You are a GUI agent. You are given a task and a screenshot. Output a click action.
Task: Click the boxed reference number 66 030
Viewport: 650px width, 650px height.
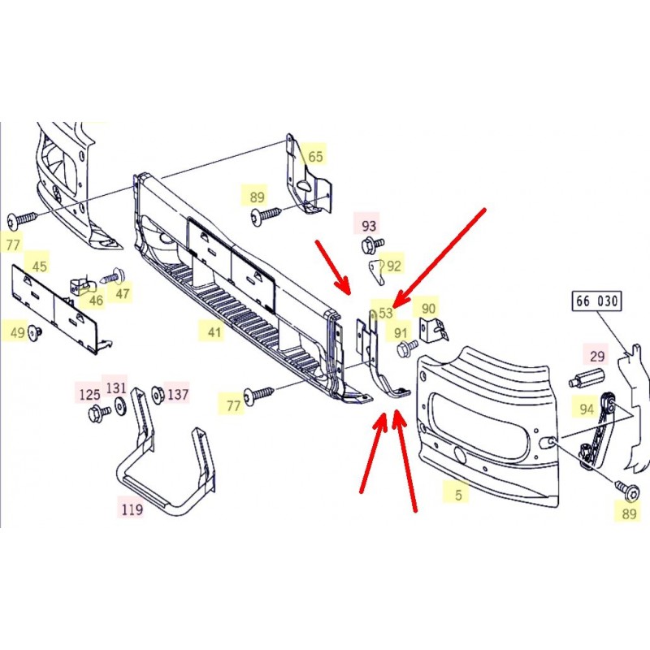click(x=597, y=301)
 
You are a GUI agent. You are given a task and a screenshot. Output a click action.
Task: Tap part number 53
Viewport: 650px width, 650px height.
click(x=385, y=313)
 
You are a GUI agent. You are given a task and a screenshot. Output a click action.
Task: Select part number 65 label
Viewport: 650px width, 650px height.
click(x=315, y=156)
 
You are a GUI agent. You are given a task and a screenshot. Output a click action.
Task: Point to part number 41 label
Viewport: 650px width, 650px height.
click(x=214, y=332)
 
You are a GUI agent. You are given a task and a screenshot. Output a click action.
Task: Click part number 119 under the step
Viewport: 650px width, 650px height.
click(x=132, y=509)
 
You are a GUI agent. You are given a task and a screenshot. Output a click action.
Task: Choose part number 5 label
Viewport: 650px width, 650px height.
click(x=458, y=495)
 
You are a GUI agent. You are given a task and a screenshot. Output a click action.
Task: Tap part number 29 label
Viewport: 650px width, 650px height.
click(x=597, y=356)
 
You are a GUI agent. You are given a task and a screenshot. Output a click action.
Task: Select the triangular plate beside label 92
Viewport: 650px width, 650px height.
click(x=376, y=271)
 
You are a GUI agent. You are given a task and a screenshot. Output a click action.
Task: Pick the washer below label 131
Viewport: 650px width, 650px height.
click(x=120, y=405)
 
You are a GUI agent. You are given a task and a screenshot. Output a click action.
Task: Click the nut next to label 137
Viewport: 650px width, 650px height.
click(x=158, y=394)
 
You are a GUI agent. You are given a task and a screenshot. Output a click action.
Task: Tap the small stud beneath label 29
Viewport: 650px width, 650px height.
click(x=587, y=379)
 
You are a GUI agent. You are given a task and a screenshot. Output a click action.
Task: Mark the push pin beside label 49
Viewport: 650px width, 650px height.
click(x=34, y=332)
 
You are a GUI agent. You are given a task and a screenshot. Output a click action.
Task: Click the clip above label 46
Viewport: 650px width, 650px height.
click(x=82, y=285)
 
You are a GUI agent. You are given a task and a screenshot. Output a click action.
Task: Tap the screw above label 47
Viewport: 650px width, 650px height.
click(x=113, y=275)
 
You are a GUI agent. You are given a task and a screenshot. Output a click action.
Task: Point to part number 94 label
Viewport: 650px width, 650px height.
click(x=586, y=409)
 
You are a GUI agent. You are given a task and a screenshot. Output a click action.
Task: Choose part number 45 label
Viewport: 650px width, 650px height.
click(x=39, y=266)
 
